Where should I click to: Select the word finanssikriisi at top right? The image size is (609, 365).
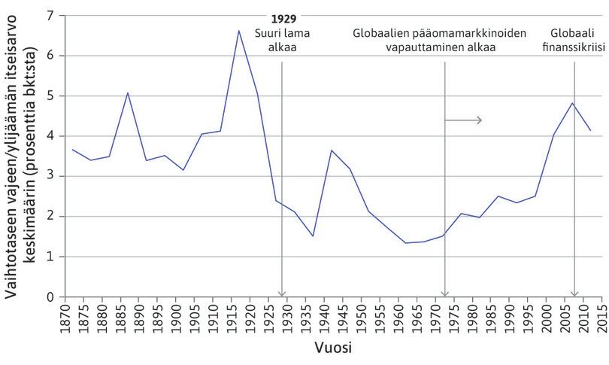575,47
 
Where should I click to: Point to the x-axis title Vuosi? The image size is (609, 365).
335,349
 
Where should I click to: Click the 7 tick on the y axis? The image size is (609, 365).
51,15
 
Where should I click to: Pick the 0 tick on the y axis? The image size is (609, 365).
51,297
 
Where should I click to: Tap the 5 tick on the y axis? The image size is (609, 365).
51,96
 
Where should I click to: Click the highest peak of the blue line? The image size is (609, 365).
238,31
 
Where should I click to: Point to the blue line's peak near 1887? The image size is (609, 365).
128,93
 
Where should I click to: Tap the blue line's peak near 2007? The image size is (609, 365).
572,102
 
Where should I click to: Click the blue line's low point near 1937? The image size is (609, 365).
312,236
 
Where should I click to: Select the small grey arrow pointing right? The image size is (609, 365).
463,120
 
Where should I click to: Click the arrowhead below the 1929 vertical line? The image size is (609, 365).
282,294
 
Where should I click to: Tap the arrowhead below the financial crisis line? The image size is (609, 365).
575,294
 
